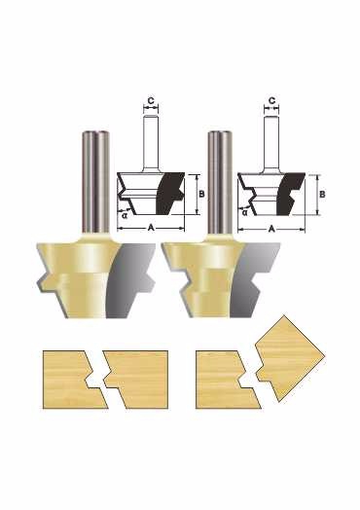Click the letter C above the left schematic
coord(151,101)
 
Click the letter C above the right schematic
coord(271,100)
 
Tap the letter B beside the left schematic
coord(201,194)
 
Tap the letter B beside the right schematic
coord(322,195)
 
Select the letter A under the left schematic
coord(151,228)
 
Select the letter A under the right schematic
coord(271,229)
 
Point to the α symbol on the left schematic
coord(125,215)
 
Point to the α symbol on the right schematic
coord(245,212)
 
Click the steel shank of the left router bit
coord(95,181)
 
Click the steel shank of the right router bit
coord(220,181)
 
